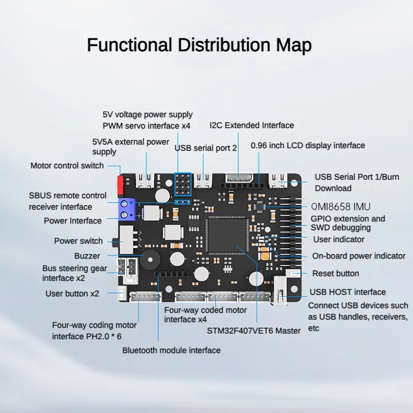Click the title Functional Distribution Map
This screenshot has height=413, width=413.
pos(199,45)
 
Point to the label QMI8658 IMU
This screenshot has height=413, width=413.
pos(340,206)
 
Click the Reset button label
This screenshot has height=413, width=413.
pos(335,273)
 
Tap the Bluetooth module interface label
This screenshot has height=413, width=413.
pos(171,350)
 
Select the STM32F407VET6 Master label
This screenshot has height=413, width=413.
pos(253,330)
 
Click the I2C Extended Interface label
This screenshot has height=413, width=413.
pos(251,125)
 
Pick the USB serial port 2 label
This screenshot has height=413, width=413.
pos(205,148)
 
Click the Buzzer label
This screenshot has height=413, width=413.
pos(87,256)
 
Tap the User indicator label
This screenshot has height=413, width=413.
pos(338,239)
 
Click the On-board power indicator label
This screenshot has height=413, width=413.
pos(359,256)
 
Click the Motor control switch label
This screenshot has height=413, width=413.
pos(67,166)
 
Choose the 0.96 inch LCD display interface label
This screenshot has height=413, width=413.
pos(308,146)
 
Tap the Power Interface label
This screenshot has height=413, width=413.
pos(73,220)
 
